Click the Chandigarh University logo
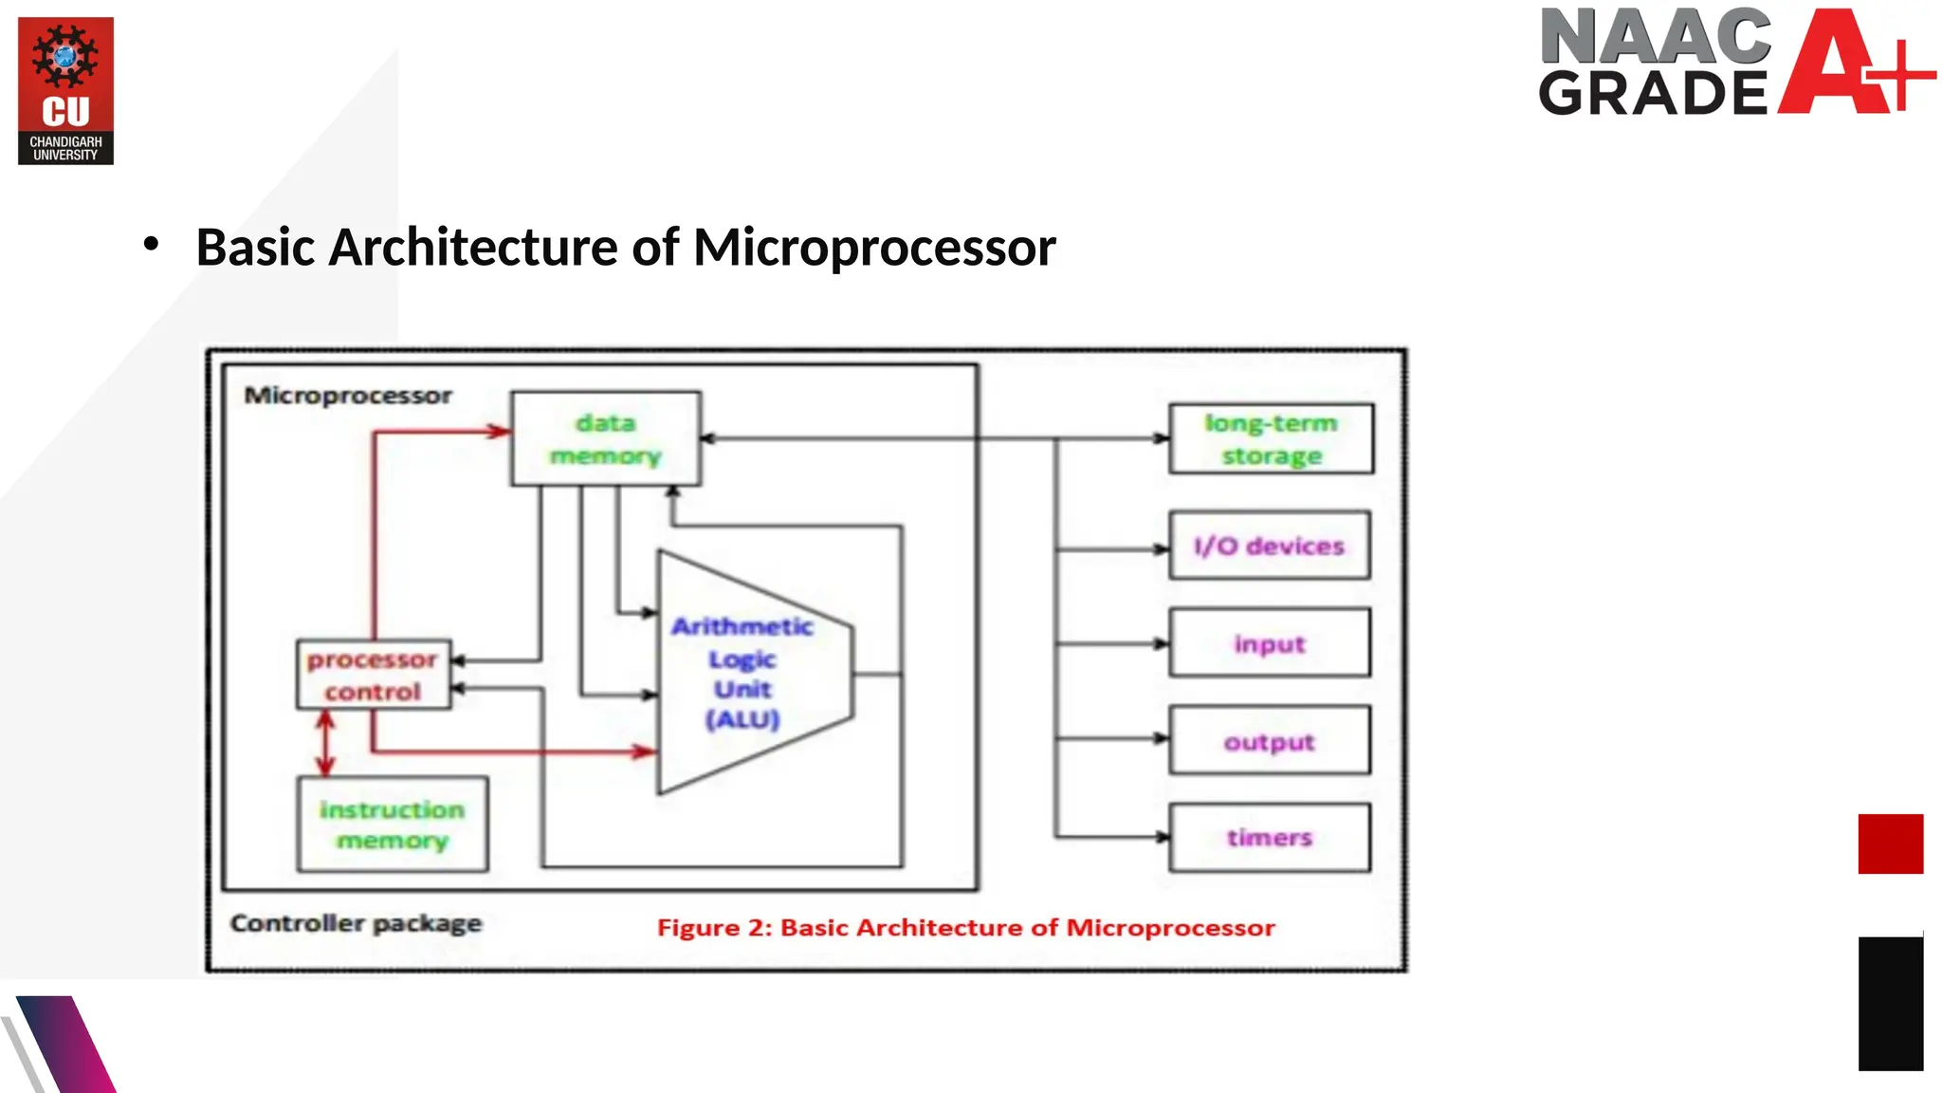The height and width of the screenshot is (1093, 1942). coord(65,90)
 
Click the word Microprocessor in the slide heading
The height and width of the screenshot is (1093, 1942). coord(873,248)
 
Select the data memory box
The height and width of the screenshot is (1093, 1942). coord(606,438)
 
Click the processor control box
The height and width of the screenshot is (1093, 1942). coord(373,675)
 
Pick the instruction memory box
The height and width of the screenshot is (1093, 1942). coord(392,824)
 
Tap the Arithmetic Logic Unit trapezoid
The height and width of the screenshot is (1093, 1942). coord(744,672)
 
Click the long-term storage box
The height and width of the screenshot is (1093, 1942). coord(1271,438)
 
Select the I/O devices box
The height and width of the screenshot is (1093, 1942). coord(1269,546)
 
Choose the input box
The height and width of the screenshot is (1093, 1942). coord(1269,643)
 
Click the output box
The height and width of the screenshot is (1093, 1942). coord(1269,741)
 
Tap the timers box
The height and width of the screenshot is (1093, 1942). coord(1269,837)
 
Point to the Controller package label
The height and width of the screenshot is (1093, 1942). coord(356,923)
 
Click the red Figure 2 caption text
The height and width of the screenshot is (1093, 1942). coord(965,927)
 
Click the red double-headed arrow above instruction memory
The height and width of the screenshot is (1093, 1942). coord(325,743)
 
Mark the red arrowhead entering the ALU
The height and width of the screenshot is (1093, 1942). coord(645,751)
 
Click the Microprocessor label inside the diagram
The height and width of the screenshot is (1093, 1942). coord(347,396)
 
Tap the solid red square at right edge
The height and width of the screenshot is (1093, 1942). coord(1890,843)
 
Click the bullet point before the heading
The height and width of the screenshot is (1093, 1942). coord(151,245)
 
